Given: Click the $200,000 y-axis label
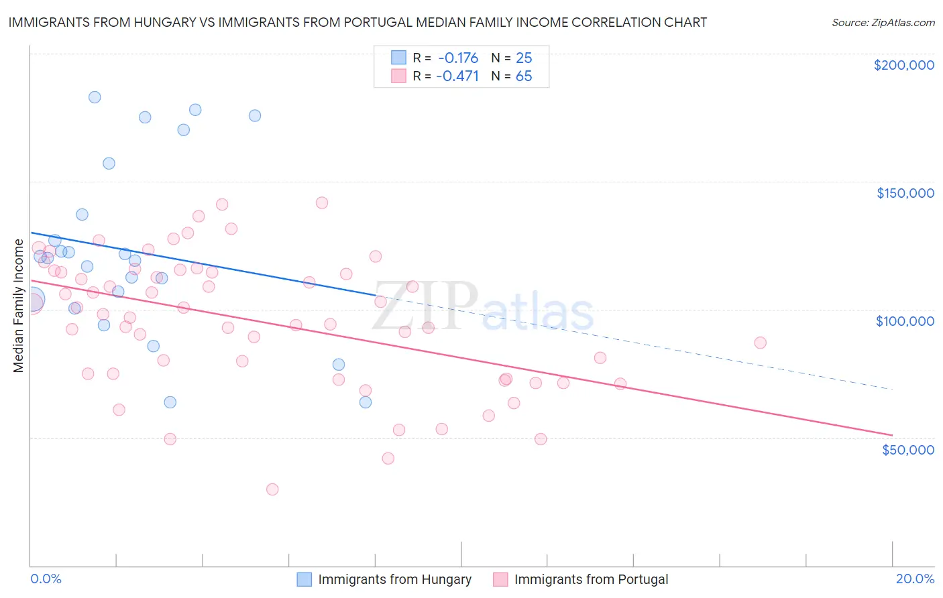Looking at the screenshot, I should tap(903, 65).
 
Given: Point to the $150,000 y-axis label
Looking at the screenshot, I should tap(905, 193).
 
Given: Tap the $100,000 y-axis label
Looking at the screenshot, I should tap(905, 321).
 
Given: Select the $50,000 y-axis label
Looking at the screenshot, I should tap(907, 449).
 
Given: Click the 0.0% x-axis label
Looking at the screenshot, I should tap(46, 579).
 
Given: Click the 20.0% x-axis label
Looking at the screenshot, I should tap(915, 579).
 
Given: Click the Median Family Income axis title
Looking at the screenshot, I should tap(18, 306).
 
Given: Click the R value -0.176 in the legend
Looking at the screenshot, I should tap(457, 58).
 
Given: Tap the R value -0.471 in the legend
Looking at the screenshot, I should tap(457, 76).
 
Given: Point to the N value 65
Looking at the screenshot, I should tap(523, 76).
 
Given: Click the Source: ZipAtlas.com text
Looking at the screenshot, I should tap(883, 22).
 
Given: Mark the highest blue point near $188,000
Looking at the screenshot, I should tap(95, 97).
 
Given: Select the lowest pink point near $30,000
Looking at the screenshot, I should tap(272, 489).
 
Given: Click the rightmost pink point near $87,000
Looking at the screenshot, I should tap(760, 343).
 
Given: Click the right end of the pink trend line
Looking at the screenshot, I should tap(892, 435).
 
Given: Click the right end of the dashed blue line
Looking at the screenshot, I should tap(892, 389).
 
